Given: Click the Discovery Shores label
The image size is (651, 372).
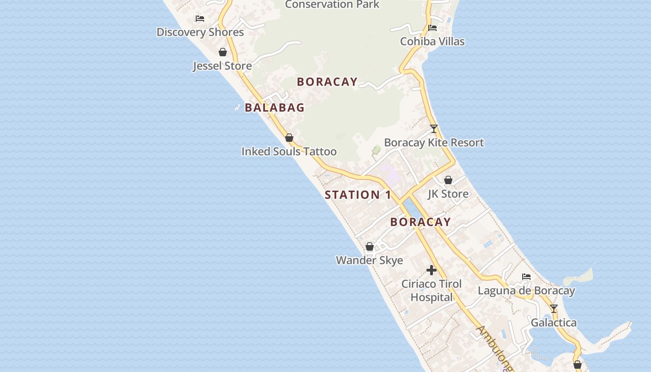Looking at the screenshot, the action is [x=200, y=32].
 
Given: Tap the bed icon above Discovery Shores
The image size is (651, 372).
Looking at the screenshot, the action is [x=200, y=19].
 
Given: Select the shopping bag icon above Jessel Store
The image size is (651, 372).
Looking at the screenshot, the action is [x=223, y=52].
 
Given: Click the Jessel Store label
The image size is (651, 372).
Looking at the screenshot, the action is [x=222, y=66].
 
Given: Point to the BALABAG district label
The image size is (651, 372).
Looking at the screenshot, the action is [x=274, y=107].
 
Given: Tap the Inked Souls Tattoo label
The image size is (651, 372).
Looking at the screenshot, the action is [x=289, y=152].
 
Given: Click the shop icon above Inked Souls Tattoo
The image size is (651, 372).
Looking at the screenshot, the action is [x=289, y=138].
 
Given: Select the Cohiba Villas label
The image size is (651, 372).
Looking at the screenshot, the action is [x=432, y=41].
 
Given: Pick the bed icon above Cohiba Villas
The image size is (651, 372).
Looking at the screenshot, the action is [x=432, y=28].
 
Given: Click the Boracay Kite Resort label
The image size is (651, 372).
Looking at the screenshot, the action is [x=434, y=143].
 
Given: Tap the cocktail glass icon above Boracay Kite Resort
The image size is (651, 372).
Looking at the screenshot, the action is [x=434, y=129].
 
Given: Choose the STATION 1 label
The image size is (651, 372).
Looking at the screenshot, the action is [x=358, y=195].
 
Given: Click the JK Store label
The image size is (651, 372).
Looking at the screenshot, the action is [x=448, y=194].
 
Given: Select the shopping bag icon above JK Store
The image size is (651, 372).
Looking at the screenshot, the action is [x=448, y=180].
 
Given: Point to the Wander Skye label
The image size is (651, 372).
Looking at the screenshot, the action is [x=369, y=260].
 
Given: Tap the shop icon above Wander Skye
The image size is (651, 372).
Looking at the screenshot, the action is [x=370, y=246].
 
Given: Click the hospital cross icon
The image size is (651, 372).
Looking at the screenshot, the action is [x=432, y=270].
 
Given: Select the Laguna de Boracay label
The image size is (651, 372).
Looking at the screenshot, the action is [x=526, y=291].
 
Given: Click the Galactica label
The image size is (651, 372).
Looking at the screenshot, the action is [x=553, y=323].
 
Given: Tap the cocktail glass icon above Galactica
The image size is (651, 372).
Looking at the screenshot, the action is [x=553, y=309].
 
